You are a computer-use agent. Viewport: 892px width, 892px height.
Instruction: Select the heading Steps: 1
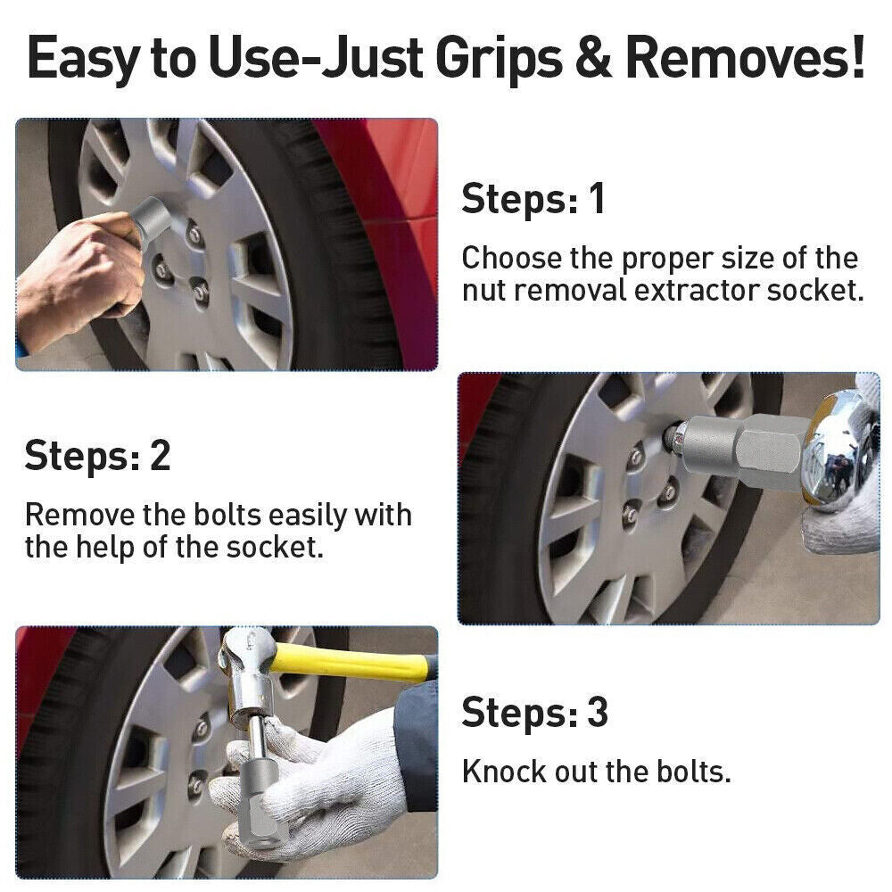(533, 198)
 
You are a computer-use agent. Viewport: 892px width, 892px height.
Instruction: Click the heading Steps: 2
(97, 455)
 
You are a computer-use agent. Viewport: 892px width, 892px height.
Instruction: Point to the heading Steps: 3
(534, 713)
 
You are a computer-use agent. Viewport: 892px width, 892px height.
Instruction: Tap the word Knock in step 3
(503, 771)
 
